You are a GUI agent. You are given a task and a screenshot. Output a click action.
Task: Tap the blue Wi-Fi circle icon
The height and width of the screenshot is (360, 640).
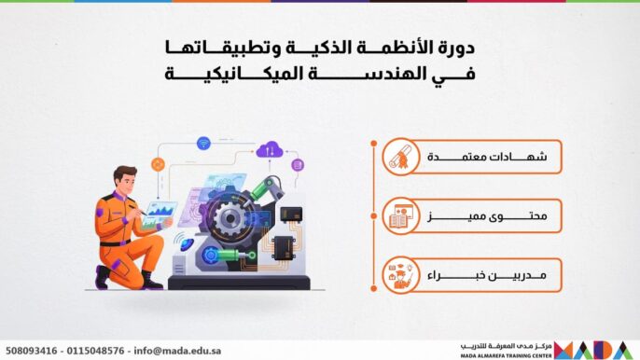click(x=203, y=143)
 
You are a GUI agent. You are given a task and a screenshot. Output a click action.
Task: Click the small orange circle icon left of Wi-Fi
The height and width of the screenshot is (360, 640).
click(x=158, y=165)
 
